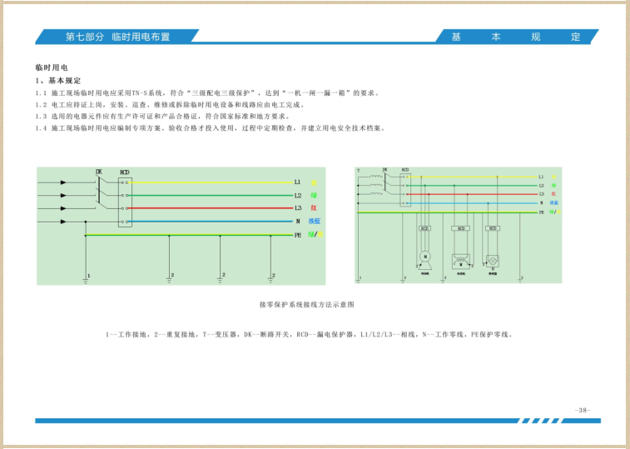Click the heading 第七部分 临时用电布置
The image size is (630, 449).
coord(117,37)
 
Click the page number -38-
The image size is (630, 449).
coord(583,409)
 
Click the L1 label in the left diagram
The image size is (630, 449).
coord(297,182)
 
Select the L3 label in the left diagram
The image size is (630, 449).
coord(297,208)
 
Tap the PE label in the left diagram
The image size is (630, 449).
coord(297,236)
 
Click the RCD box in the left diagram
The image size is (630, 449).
coord(125,202)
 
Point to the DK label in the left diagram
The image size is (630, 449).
coord(99,172)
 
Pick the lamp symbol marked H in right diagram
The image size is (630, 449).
coord(492,259)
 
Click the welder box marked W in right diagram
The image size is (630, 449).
coord(459,259)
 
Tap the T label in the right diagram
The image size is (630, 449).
coord(358,171)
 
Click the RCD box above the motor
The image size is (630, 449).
coord(424,228)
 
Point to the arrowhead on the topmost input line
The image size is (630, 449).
coord(62,182)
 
